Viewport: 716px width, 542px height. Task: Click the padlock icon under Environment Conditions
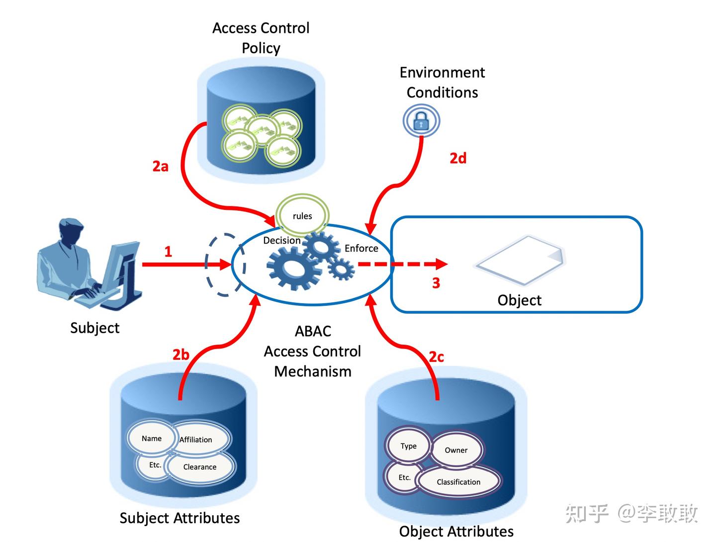pos(421,120)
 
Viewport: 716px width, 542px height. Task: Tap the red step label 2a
pos(160,166)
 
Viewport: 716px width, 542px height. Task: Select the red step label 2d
pos(458,158)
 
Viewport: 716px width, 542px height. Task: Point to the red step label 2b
pos(181,355)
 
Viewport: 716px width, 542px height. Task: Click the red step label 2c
pos(436,357)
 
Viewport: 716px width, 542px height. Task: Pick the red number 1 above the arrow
pos(168,252)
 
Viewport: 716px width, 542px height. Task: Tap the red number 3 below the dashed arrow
pos(436,283)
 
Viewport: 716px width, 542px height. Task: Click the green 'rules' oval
pos(302,216)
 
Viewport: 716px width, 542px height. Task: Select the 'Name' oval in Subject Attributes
pos(152,438)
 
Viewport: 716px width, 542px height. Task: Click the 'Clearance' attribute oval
pos(200,467)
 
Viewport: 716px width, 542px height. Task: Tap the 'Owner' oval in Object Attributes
pos(456,450)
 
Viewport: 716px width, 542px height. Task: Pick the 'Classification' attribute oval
pos(458,482)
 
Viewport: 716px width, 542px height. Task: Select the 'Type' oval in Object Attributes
pos(409,446)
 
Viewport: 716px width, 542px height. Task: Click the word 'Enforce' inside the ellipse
pos(361,248)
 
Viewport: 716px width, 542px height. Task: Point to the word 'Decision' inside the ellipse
pos(282,240)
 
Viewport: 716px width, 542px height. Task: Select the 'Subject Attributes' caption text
pos(179,518)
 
